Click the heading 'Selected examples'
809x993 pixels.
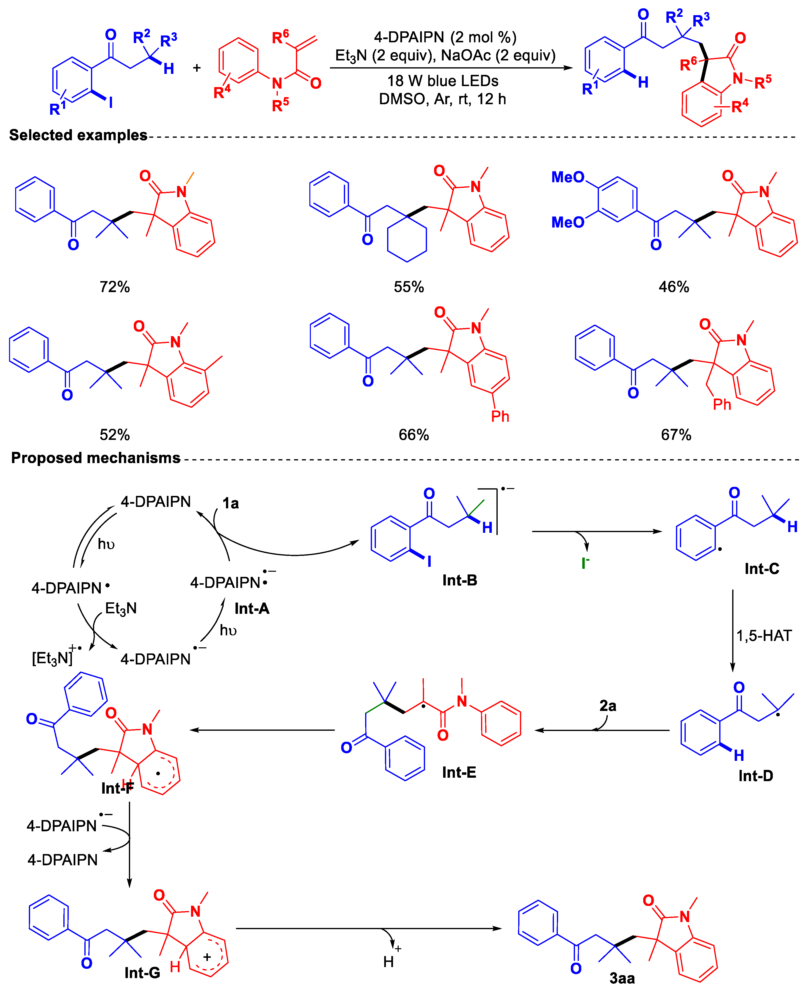[78, 135]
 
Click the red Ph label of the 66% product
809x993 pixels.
[500, 416]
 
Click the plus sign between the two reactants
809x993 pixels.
[197, 68]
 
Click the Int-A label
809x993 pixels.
[252, 608]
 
